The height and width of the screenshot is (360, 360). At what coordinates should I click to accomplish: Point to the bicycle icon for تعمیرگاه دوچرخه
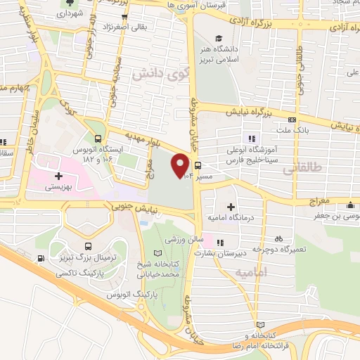point(279,238)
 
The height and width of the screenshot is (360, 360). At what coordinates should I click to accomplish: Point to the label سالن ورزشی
point(179,240)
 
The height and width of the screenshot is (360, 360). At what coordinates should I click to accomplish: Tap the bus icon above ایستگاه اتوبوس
point(98,138)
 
